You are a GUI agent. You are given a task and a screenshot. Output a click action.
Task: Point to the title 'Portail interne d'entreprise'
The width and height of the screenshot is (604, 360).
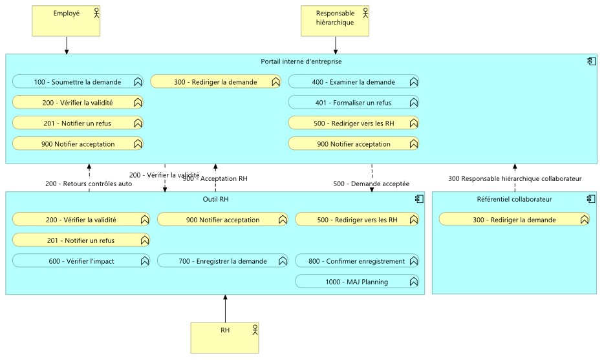[301, 61]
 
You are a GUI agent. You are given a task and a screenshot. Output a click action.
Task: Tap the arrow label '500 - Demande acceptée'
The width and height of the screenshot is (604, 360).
[371, 184]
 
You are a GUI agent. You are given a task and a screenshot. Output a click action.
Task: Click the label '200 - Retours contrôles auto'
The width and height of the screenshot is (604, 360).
[89, 184]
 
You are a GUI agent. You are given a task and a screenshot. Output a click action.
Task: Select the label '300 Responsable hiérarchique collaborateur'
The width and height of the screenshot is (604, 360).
[515, 178]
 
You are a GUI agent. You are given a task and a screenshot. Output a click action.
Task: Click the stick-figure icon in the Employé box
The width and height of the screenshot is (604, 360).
[97, 12]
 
